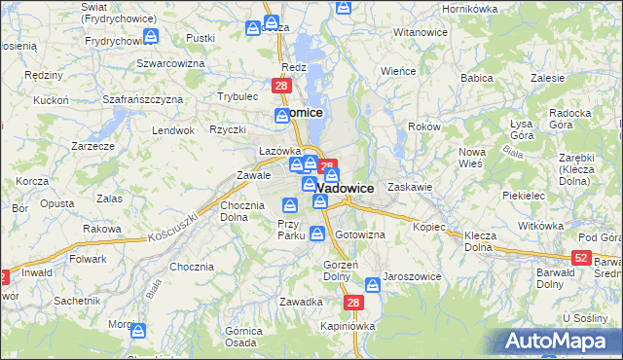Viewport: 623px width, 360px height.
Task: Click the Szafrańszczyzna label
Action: (143, 99)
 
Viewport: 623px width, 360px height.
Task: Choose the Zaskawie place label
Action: (409, 185)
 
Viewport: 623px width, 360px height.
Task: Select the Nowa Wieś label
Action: (472, 157)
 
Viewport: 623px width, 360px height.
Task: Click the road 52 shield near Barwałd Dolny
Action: (581, 257)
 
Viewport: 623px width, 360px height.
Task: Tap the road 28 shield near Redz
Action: (281, 87)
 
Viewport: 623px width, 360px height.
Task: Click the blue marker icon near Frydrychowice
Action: (151, 36)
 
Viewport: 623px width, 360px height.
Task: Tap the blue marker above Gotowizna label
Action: (318, 233)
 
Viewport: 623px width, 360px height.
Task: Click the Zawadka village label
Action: (300, 302)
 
